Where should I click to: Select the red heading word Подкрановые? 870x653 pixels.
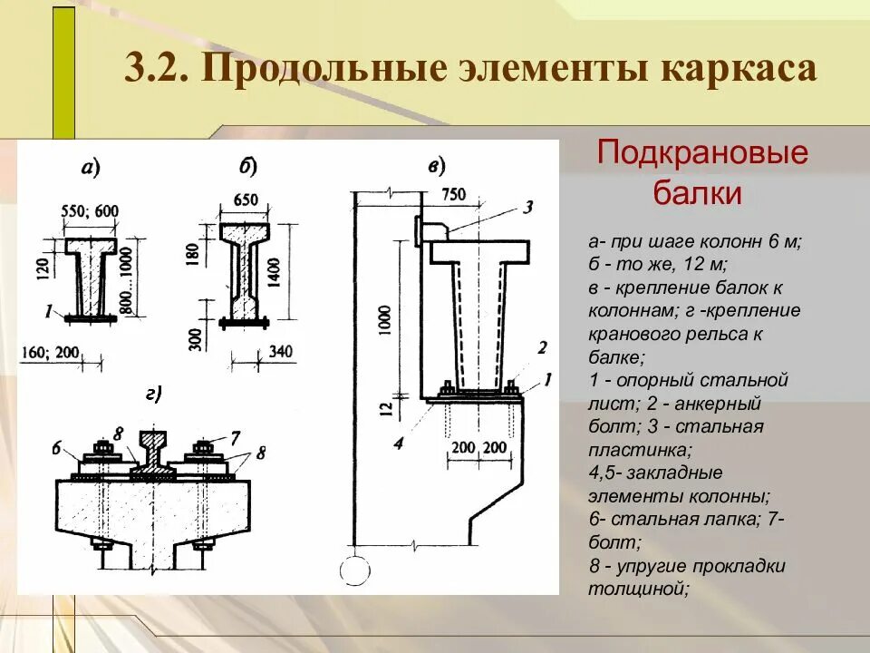[x=702, y=151]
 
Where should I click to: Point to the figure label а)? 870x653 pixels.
[x=90, y=167]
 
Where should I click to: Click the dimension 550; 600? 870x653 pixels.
[x=90, y=211]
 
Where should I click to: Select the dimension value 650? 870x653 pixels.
[x=246, y=200]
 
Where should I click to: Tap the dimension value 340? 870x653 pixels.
[x=281, y=352]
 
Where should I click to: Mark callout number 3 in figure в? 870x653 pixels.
[x=529, y=206]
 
